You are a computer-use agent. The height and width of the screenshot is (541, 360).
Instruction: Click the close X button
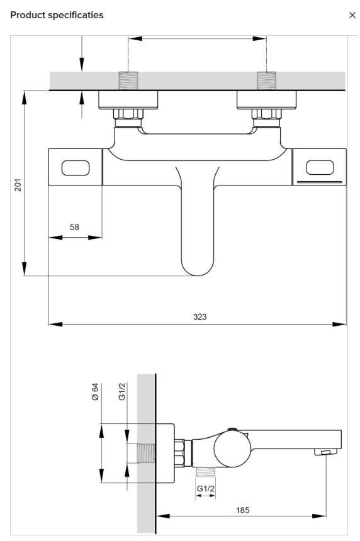click(352, 14)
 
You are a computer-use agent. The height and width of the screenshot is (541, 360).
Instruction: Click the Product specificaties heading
click(57, 14)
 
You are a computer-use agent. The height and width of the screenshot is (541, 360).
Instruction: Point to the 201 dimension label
click(19, 184)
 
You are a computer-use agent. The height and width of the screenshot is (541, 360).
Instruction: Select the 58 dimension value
click(74, 227)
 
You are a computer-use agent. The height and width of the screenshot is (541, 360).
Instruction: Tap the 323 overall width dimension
click(200, 316)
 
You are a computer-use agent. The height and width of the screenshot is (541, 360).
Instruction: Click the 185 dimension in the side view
click(242, 510)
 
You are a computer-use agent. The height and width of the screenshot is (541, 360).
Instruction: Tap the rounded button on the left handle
click(76, 167)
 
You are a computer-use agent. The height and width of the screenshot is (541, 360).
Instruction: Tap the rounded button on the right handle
click(320, 167)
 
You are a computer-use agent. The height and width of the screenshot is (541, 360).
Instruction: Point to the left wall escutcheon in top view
click(128, 99)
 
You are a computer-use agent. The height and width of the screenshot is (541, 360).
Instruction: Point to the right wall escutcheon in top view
click(266, 99)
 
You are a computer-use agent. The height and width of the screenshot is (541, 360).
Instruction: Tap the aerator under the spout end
click(325, 452)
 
